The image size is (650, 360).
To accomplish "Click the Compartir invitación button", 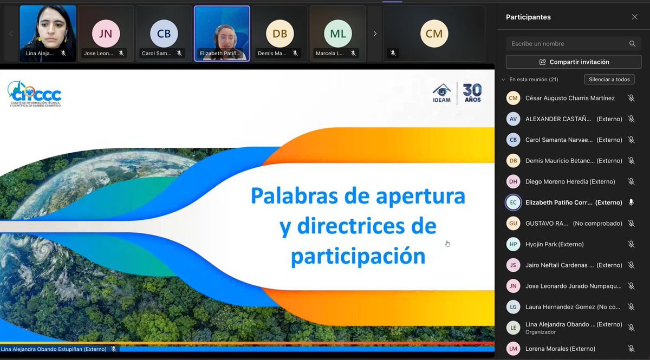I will [574, 62].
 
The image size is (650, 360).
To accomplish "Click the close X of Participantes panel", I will [634, 17].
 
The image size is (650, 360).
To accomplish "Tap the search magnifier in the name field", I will [632, 44].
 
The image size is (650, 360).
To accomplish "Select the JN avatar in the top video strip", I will [106, 34].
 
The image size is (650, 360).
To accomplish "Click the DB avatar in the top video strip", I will [279, 34].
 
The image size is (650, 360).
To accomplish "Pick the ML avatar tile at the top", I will [337, 34].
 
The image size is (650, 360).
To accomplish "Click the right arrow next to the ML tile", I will [375, 34].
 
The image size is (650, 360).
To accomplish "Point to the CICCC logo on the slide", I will [35, 94].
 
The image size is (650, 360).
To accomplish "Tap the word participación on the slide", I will [358, 256].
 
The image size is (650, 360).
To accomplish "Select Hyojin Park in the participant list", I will [554, 244].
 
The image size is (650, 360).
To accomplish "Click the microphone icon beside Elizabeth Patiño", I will [631, 202].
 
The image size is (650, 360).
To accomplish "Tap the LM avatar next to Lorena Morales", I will [513, 349].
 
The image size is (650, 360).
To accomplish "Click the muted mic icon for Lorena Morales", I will [631, 349].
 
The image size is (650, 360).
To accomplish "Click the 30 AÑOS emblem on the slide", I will [472, 93].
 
